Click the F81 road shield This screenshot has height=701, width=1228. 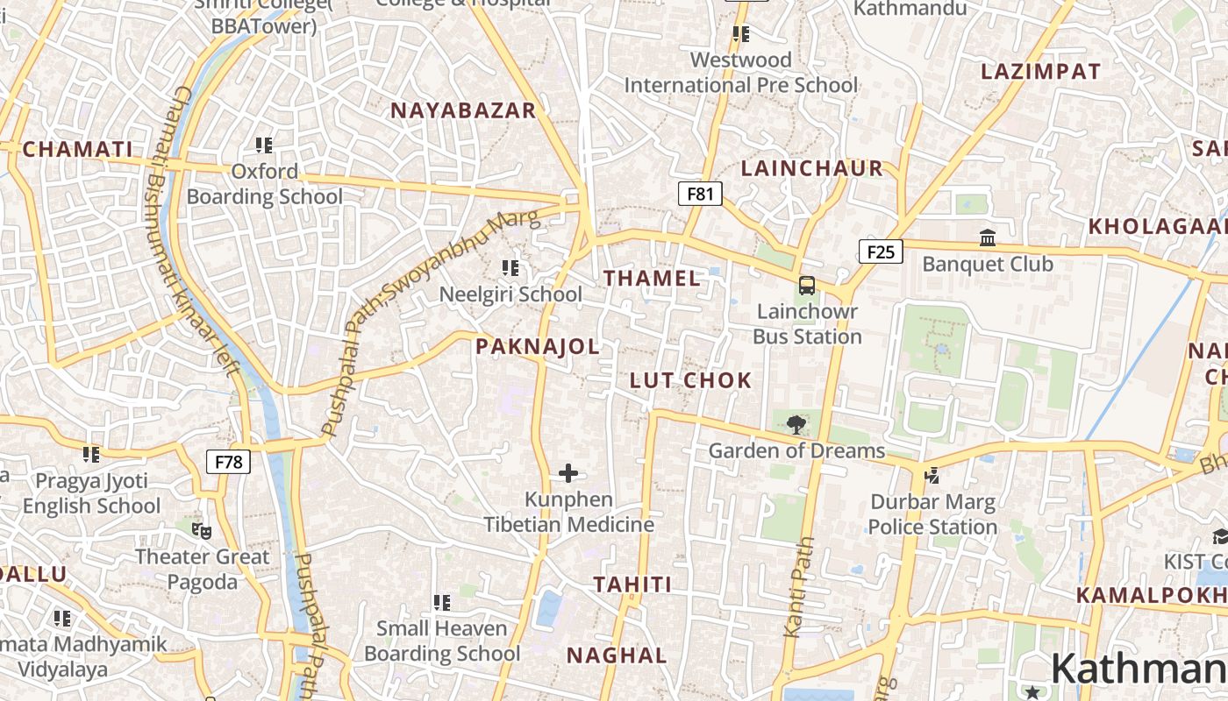[x=700, y=194]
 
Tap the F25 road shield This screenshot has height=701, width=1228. [x=881, y=252]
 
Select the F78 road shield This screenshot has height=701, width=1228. [x=228, y=462]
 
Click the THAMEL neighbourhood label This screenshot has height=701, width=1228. [x=652, y=279]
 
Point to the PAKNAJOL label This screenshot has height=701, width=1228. [x=538, y=346]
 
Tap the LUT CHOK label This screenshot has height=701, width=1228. [x=691, y=380]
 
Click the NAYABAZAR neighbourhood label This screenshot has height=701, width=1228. [x=463, y=110]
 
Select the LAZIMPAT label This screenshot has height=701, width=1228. [x=1040, y=72]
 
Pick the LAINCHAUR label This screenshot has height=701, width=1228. [x=812, y=168]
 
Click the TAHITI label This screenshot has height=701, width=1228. [x=632, y=584]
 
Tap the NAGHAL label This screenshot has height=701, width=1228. [x=617, y=655]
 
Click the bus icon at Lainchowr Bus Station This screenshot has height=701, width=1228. [x=806, y=286]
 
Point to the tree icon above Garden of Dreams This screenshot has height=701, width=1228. [x=796, y=426]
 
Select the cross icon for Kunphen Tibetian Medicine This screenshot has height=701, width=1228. [x=568, y=474]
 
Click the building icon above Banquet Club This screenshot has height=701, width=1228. [x=988, y=238]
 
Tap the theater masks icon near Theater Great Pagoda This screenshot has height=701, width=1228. [x=202, y=530]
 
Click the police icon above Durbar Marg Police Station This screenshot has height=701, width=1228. [x=932, y=476]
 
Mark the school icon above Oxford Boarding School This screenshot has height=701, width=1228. [x=264, y=145]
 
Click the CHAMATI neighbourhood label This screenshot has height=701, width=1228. [x=77, y=149]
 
